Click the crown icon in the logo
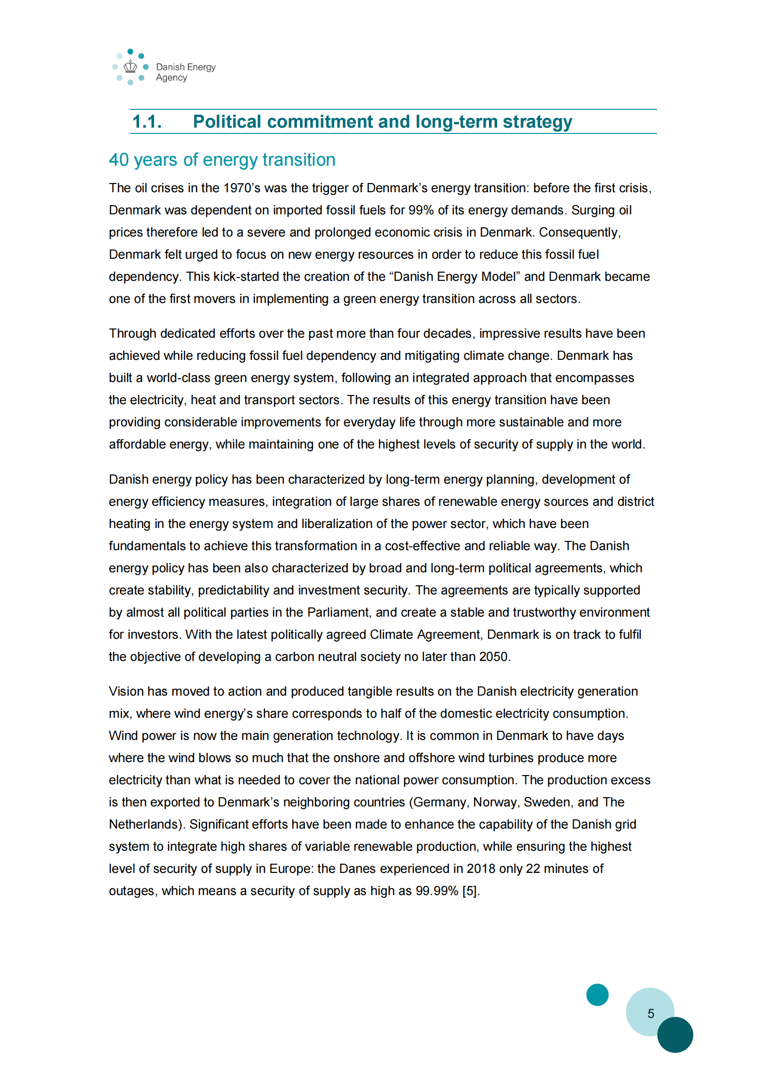pos(130,66)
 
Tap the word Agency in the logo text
pos(171,78)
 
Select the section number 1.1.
pos(147,122)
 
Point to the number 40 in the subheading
pos(119,160)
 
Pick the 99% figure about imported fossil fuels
pos(421,210)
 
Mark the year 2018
pos(481,869)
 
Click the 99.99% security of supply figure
pos(436,891)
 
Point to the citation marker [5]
pos(470,891)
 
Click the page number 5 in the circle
pos(650,1014)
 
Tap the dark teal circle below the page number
pos(675,1035)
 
